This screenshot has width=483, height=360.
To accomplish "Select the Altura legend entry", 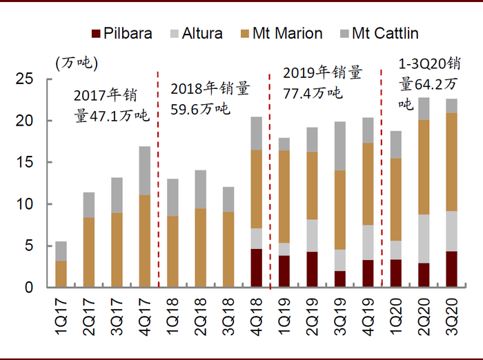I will [197, 33].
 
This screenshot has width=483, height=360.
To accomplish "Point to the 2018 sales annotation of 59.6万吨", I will [210, 98].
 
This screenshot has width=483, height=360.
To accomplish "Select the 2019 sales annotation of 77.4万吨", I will [323, 82].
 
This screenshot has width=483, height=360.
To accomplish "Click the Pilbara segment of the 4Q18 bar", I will [257, 268].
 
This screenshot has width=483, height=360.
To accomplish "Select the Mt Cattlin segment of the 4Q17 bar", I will [145, 170].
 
